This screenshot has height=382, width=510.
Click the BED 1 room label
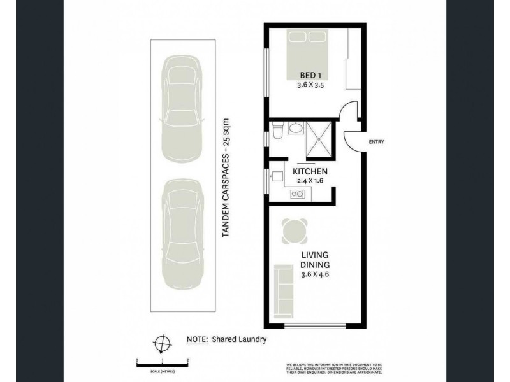[x=309, y=74]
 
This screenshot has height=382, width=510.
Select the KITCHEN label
[x=310, y=172]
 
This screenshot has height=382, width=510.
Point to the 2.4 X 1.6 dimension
[x=310, y=181]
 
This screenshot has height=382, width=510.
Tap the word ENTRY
[x=377, y=142]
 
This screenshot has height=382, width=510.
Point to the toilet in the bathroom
[x=277, y=131]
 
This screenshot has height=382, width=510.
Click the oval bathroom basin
[x=295, y=130]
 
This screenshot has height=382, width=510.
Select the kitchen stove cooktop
[x=296, y=193]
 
